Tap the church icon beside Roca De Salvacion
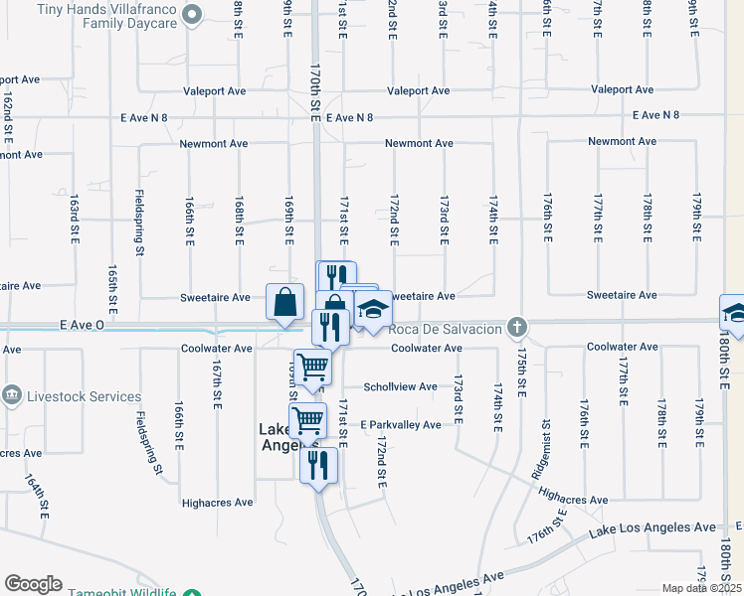[x=516, y=326]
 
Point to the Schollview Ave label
[x=400, y=387]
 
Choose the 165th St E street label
[x=112, y=288]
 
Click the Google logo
[x=33, y=584]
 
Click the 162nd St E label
[x=8, y=117]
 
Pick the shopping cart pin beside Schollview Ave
[x=312, y=368]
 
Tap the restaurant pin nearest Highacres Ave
[x=318, y=465]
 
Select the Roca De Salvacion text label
[x=447, y=329]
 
